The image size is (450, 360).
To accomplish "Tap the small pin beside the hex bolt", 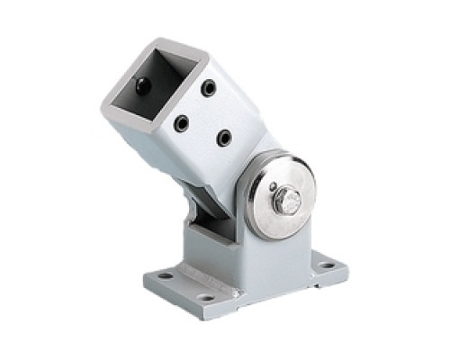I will click(271, 187).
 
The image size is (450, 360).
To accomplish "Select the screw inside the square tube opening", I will click(144, 85).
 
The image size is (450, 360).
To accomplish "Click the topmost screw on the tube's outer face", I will click(209, 88).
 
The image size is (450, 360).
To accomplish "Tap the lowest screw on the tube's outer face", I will click(223, 137).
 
